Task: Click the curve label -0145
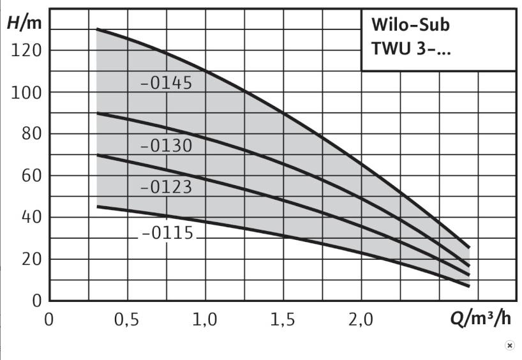click(166, 84)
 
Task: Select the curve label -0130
click(166, 146)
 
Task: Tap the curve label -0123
click(166, 188)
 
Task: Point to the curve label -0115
click(167, 233)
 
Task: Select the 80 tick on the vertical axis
click(29, 134)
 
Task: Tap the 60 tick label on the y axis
click(29, 176)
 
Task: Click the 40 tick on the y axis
click(29, 217)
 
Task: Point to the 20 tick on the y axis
click(29, 259)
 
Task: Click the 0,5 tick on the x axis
click(127, 319)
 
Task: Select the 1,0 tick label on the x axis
click(205, 319)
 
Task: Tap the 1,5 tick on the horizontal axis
click(283, 319)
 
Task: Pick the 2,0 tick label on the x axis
click(361, 319)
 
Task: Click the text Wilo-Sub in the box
click(410, 26)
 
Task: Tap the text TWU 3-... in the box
click(411, 49)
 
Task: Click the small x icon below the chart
click(509, 345)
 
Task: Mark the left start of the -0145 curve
click(97, 29)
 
